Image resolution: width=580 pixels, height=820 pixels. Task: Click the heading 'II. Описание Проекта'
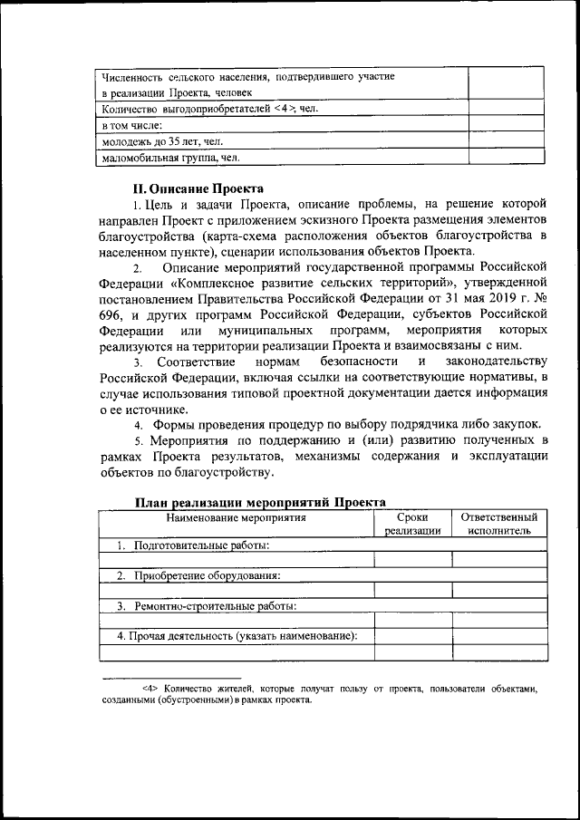198,189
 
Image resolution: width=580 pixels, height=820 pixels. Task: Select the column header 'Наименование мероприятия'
235,517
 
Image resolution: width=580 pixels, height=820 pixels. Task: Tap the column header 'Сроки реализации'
412,524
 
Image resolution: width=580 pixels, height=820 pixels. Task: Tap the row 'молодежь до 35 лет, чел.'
164,141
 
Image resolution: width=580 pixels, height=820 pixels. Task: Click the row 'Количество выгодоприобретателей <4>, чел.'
208,109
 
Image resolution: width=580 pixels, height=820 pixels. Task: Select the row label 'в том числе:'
131,125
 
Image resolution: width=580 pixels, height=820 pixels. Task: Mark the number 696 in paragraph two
113,317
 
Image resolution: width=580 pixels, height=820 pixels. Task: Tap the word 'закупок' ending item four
516,424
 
